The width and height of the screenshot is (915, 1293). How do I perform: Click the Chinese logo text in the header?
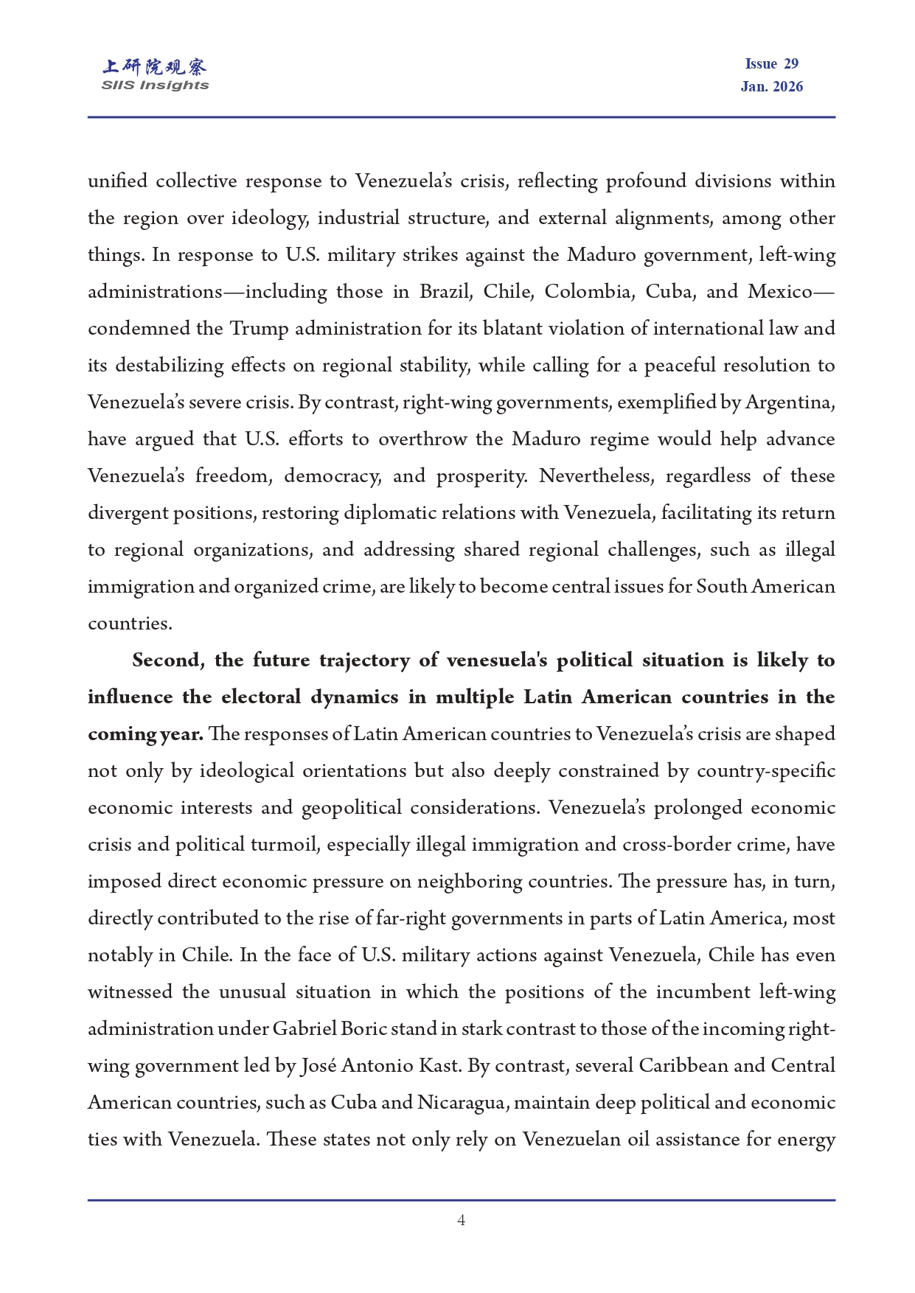[155, 67]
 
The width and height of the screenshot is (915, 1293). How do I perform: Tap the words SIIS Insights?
[155, 86]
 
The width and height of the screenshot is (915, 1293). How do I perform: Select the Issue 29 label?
[771, 64]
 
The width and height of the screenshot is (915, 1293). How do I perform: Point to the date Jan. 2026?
[771, 86]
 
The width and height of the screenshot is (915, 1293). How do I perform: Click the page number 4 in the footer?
[461, 1221]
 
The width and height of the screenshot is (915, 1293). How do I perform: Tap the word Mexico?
[780, 292]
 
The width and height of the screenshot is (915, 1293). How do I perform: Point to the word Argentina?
[790, 402]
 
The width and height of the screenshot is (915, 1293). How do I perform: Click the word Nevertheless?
[596, 476]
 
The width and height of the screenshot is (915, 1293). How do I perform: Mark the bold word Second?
[168, 661]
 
